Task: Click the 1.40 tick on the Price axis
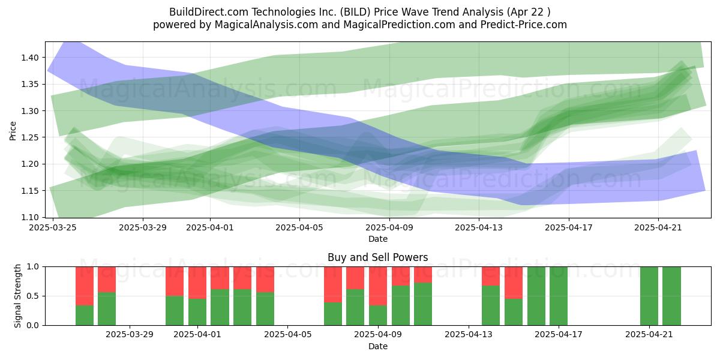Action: coord(30,58)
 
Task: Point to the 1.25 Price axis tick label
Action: coord(30,137)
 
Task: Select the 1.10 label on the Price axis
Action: coord(30,218)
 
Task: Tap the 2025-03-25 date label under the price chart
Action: coord(53,227)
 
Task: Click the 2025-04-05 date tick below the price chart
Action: coord(299,227)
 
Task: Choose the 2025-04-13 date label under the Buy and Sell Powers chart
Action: coord(469,335)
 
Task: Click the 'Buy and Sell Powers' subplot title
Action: coord(377,257)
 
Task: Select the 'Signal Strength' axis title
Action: coord(17,296)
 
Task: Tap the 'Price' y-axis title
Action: coord(13,131)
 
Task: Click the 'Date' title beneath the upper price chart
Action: coord(377,239)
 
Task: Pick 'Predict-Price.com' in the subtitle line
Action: coord(524,25)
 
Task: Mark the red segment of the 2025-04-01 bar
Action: coord(197,283)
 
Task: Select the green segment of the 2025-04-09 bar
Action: coord(378,316)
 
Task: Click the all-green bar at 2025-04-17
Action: coord(559,296)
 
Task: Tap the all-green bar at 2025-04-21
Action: coord(649,296)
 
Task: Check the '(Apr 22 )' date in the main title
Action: coord(529,12)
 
